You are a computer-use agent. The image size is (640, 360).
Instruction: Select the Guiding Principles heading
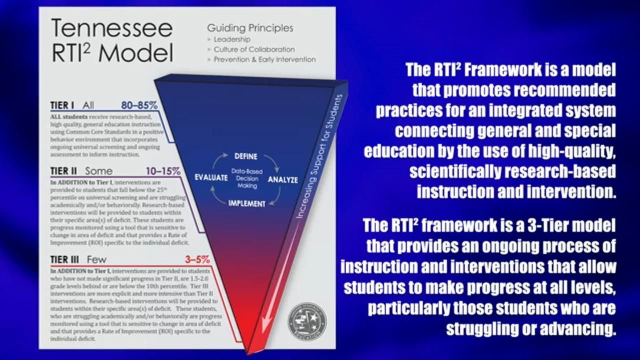point(250,28)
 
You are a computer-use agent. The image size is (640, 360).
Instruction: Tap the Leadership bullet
point(232,39)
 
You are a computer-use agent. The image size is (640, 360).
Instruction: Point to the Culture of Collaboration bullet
point(254,49)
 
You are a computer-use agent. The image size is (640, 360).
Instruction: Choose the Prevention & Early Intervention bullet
point(264,59)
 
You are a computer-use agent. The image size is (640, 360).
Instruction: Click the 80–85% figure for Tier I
point(139,105)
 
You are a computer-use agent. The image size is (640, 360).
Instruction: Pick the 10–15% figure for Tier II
point(163,171)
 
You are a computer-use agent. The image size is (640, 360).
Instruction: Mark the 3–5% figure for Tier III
point(197,260)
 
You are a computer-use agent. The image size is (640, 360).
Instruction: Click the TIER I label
point(62,105)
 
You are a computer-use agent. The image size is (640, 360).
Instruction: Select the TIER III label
point(66,260)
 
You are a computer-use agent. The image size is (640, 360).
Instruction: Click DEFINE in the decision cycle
point(246,156)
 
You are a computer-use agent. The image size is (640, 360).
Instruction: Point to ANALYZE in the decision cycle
point(283,179)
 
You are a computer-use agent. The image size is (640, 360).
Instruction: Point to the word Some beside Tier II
point(99,171)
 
